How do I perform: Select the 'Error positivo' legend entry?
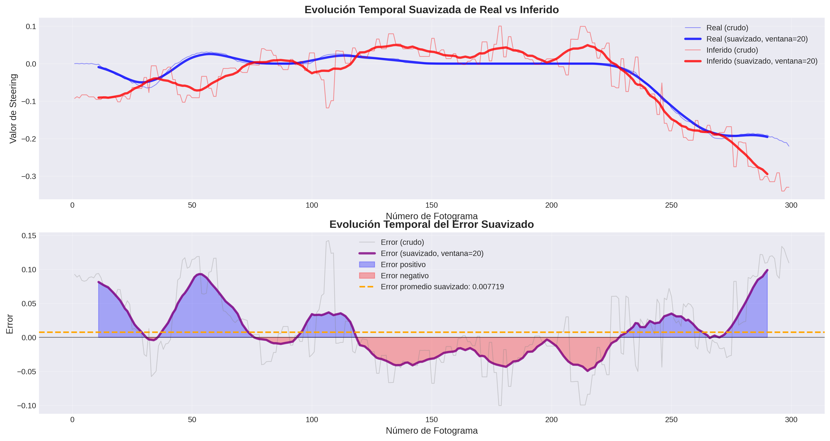403,265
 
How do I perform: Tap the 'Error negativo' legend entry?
404,276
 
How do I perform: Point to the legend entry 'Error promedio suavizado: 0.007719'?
442,287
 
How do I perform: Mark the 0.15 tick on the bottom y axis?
29,236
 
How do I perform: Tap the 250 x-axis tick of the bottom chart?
671,420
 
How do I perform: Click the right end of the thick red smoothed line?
767,174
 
